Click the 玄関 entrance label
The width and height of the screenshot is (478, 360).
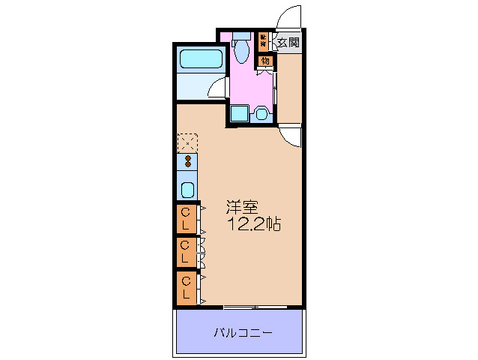point(288,42)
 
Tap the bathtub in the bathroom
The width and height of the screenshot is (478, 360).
point(200,59)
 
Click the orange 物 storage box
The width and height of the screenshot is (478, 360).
point(265,61)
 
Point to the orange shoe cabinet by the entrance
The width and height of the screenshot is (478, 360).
point(263,40)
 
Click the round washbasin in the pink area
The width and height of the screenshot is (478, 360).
point(261,114)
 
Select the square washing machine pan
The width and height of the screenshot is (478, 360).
point(240,114)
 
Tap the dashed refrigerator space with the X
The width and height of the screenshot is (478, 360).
point(187,142)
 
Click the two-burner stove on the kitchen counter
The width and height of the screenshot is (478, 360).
point(187,161)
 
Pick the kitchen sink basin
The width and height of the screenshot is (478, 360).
point(187,188)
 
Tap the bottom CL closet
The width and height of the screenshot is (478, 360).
point(187,287)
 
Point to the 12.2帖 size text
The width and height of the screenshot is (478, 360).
point(255,224)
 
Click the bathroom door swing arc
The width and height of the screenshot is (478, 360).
point(217,88)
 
